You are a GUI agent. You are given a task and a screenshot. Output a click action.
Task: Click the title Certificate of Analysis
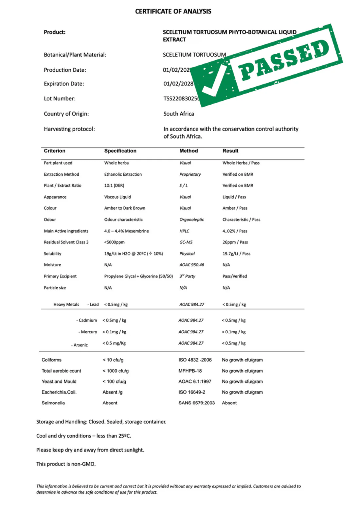173,11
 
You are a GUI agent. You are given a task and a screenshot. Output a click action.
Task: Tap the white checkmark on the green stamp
213,82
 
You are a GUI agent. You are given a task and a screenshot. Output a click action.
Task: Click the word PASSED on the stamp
284,60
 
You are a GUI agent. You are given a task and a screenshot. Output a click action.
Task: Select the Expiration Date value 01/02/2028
178,84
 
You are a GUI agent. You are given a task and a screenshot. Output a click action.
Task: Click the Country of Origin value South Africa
179,114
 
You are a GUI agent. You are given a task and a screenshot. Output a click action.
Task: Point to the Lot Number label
60,99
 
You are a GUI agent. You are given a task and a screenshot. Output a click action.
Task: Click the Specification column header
120,151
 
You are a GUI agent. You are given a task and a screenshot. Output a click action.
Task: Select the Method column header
189,151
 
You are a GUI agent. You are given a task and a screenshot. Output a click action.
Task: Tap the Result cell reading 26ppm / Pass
235,242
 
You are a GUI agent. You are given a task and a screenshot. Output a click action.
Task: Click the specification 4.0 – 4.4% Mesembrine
126,231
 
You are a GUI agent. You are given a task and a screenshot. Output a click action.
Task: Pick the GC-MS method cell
186,242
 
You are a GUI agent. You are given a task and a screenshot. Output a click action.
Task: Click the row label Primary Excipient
60,276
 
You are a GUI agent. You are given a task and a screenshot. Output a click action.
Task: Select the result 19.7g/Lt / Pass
236,254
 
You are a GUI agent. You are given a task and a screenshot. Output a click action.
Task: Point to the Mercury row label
88,332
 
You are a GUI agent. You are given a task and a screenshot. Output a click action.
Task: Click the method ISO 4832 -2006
195,360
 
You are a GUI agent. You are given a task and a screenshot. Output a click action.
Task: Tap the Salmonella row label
53,403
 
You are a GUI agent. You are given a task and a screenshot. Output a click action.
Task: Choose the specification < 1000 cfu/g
116,371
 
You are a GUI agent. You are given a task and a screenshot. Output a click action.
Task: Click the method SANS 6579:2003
196,403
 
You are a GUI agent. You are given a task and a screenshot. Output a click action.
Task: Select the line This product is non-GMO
66,464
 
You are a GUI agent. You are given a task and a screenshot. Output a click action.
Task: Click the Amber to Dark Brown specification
125,208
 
